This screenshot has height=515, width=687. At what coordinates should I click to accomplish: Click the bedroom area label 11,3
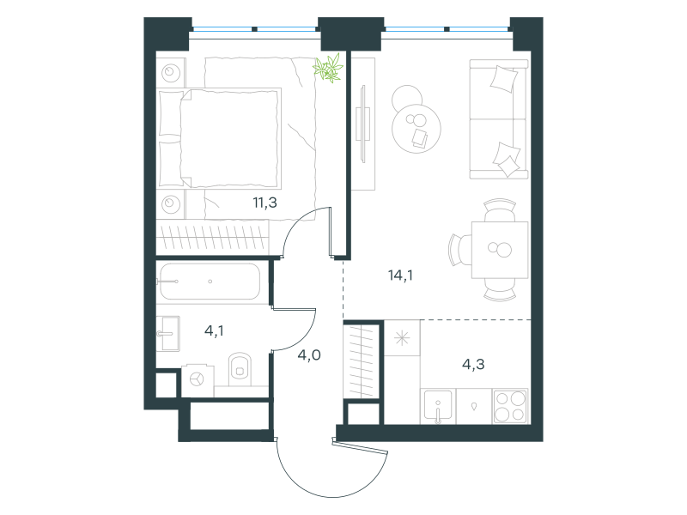point(264,203)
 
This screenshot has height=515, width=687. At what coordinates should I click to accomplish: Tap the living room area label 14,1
point(400,275)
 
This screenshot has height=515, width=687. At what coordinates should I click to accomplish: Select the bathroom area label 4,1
point(214,330)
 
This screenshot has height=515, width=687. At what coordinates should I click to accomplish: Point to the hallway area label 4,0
point(309,354)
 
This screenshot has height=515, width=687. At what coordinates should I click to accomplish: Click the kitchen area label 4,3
point(473,364)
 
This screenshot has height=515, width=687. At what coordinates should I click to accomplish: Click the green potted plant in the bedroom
point(328,68)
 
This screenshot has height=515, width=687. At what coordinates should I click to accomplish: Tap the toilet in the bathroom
point(240,369)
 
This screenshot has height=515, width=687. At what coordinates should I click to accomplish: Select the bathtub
point(210,282)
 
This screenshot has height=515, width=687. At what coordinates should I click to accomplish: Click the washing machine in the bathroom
point(198,379)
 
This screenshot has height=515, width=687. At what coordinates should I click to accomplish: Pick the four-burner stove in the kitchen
point(510,406)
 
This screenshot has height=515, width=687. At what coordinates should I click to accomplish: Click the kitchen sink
point(438,406)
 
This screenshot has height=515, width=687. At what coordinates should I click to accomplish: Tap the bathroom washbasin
point(168,334)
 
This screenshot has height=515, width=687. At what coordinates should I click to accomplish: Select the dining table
point(500,250)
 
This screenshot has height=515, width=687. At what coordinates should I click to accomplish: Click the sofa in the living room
point(499,119)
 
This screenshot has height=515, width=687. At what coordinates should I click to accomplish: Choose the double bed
point(219,138)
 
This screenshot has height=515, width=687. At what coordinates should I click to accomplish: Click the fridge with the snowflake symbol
point(402,338)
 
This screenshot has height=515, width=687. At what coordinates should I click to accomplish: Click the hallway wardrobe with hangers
point(361,360)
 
